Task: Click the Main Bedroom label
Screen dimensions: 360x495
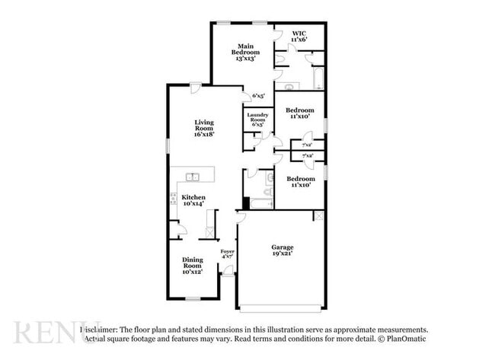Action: pos(246,53)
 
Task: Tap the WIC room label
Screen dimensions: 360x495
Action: pos(308,36)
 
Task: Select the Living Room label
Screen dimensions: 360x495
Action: pos(203,127)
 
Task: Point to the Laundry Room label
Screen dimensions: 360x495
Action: pos(257,118)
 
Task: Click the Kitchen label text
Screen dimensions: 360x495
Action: pos(193,201)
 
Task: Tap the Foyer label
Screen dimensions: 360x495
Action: pos(228,254)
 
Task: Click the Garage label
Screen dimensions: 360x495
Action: pos(283,250)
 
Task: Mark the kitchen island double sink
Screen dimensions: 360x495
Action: pos(193,177)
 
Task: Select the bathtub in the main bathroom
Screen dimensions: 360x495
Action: pos(318,79)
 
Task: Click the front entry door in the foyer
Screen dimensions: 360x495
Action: pos(228,270)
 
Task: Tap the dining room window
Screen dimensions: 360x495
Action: pos(193,298)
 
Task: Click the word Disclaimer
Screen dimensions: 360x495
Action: pos(104,329)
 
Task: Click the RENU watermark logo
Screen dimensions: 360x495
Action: pos(47,333)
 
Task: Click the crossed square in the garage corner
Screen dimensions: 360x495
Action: pos(318,216)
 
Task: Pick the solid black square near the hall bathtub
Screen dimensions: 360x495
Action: pos(246,203)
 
